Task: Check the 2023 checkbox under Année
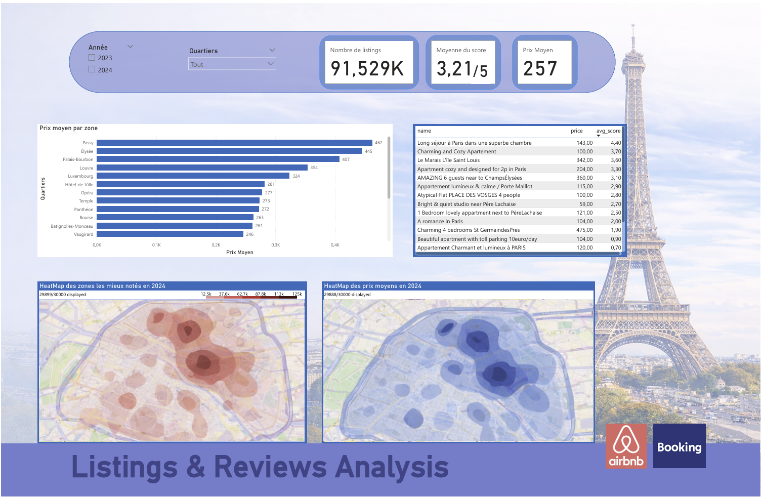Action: [x=92, y=58]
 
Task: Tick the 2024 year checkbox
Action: [x=92, y=69]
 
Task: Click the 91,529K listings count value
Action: [x=367, y=68]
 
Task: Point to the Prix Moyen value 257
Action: [x=540, y=68]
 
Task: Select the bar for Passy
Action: [x=234, y=143]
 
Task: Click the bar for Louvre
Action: [x=202, y=168]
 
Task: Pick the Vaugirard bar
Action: [x=170, y=234]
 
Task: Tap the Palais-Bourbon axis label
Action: [x=78, y=159]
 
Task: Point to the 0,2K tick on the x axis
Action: [x=216, y=245]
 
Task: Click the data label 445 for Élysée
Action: [x=368, y=151]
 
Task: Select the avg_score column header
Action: [x=608, y=131]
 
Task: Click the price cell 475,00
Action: [x=584, y=230]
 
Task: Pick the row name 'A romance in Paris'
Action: [x=440, y=221]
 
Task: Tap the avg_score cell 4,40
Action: [x=615, y=143]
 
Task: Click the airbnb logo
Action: [x=626, y=446]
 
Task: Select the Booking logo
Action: [x=679, y=446]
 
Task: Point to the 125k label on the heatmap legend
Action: [x=297, y=294]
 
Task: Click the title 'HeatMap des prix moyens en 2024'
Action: [x=372, y=286]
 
